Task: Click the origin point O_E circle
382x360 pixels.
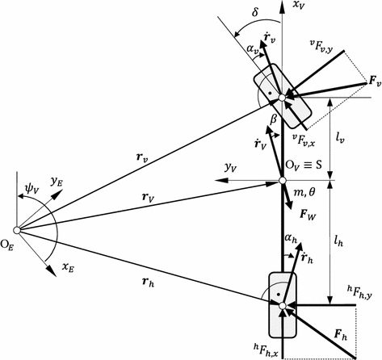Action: (16, 229)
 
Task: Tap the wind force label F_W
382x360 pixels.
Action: (308, 216)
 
